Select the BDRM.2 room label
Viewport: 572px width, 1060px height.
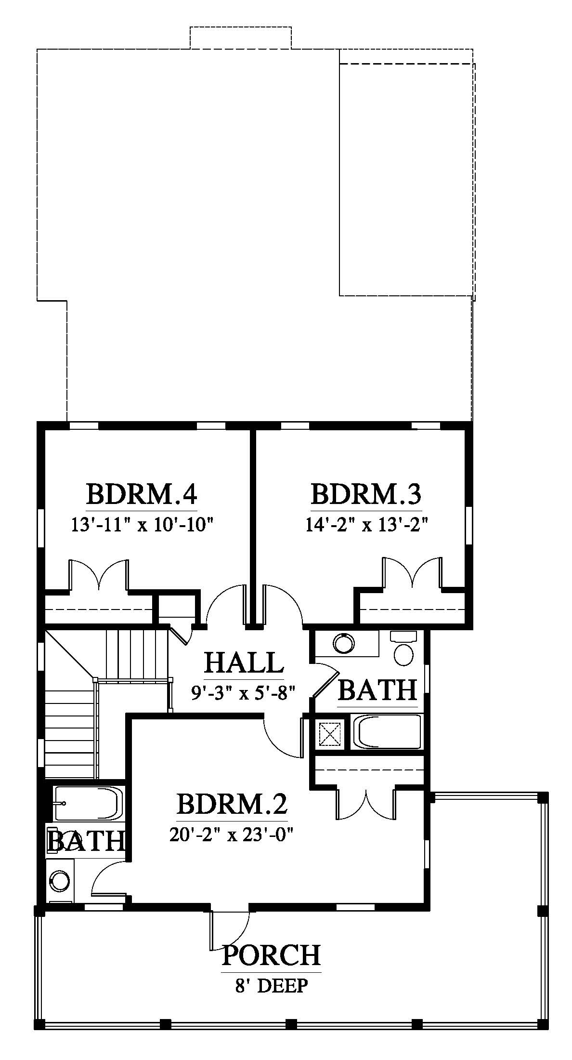point(232,804)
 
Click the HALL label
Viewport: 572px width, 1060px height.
point(244,662)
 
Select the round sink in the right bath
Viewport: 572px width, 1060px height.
point(344,643)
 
